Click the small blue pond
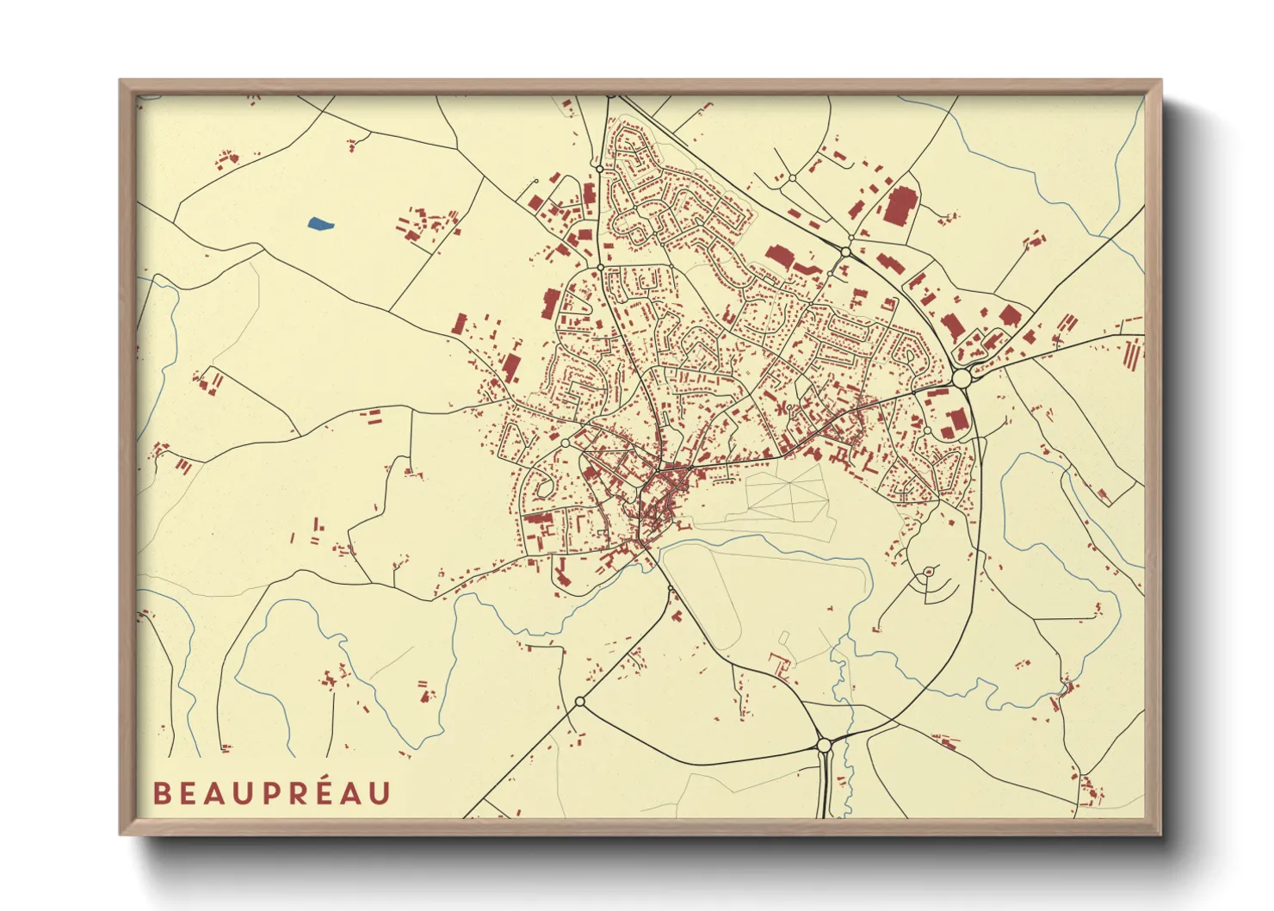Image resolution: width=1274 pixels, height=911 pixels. pyautogui.click(x=319, y=225)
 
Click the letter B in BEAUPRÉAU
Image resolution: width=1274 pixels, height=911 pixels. pyautogui.click(x=162, y=793)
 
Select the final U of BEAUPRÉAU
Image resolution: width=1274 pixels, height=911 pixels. pyautogui.click(x=379, y=793)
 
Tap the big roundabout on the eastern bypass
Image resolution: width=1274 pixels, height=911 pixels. pyautogui.click(x=962, y=379)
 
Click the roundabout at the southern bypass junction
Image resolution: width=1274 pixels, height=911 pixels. pyautogui.click(x=824, y=745)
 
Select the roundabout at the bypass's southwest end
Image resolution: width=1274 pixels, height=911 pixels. pyautogui.click(x=579, y=703)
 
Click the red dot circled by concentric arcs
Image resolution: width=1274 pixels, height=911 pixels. pyautogui.click(x=928, y=573)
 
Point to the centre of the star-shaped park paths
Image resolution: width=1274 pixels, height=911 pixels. pyautogui.click(x=786, y=492)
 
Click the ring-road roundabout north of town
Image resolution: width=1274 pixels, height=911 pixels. pyautogui.click(x=846, y=251)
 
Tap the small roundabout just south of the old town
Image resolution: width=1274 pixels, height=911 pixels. pyautogui.click(x=670, y=589)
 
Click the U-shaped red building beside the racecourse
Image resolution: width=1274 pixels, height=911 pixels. pyautogui.click(x=781, y=664)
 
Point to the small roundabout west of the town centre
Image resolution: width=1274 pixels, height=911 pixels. pyautogui.click(x=565, y=443)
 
